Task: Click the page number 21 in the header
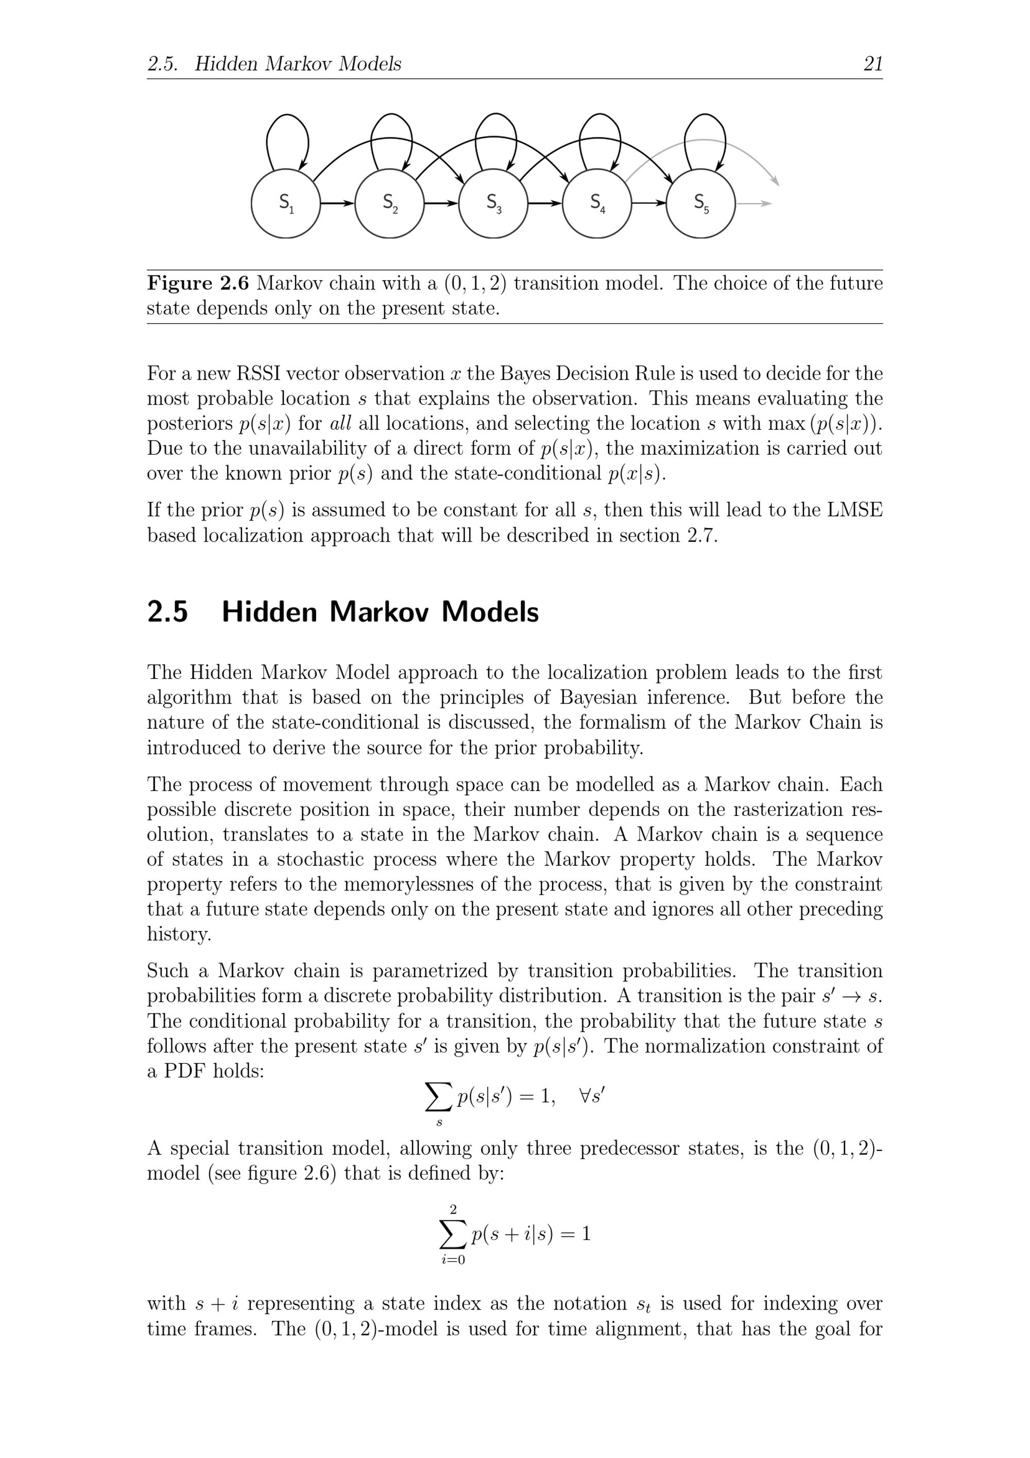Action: tap(872, 63)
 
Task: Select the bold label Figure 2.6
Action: tap(198, 283)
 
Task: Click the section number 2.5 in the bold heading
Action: tap(167, 612)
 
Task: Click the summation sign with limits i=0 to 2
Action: tap(453, 1234)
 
